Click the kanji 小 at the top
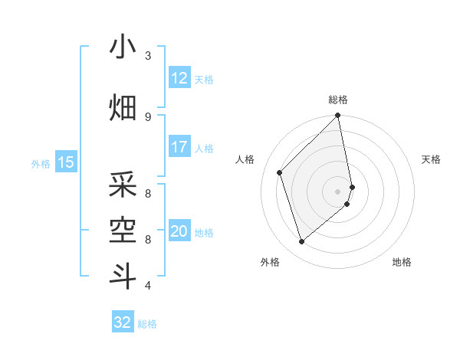123,47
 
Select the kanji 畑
123,109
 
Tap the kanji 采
123,185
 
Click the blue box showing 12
179,78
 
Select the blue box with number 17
179,148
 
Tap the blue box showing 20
179,232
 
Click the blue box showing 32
123,323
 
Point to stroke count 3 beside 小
148,55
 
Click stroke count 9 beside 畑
148,116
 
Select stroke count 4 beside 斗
148,286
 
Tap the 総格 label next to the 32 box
147,324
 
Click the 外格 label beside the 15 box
40,163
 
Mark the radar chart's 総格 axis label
338,100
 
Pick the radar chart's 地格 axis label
402,263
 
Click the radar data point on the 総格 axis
338,116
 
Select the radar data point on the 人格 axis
280,172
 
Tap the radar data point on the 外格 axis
301,242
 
